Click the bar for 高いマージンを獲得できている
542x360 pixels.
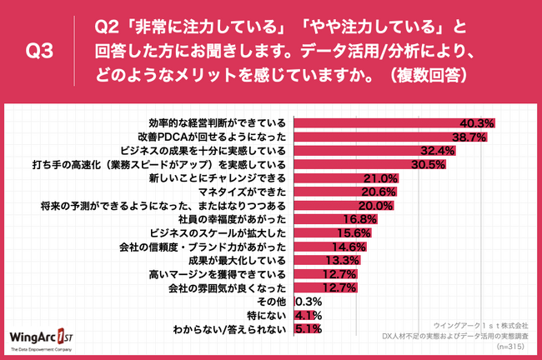317,274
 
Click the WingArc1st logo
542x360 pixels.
50,332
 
